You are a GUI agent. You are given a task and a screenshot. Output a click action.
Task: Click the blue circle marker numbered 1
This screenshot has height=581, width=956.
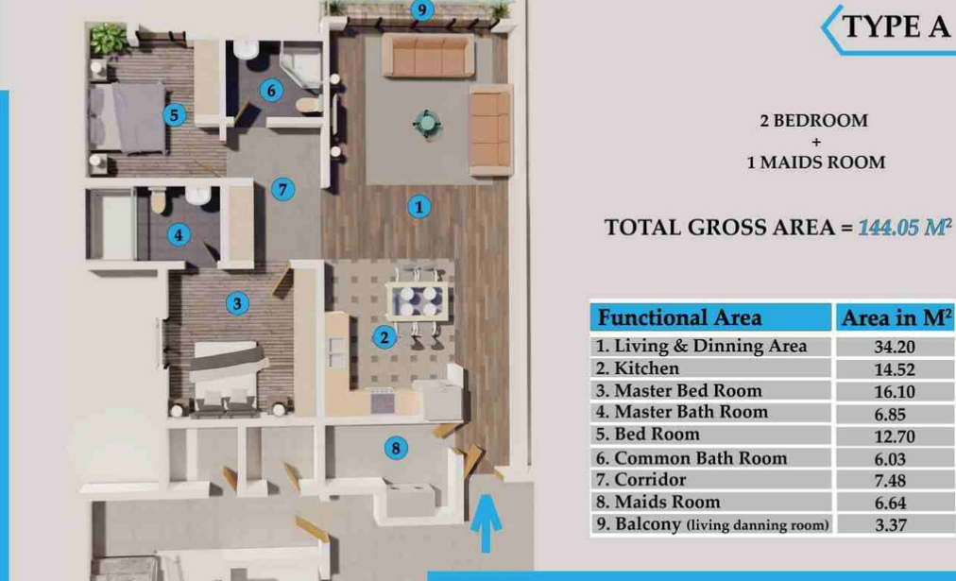[x=418, y=207]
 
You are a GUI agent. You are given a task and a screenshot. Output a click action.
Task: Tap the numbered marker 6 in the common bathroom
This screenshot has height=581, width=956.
[x=271, y=91]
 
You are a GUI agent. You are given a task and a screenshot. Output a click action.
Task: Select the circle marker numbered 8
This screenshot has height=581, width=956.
[x=396, y=449]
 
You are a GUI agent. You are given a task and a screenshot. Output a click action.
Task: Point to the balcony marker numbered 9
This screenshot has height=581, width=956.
[x=422, y=9]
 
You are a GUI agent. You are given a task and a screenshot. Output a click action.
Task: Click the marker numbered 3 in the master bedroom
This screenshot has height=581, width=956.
[x=237, y=303]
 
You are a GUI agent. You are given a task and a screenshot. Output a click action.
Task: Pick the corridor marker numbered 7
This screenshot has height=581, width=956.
[x=282, y=189]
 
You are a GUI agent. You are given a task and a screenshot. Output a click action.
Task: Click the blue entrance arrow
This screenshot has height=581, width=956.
[x=486, y=523]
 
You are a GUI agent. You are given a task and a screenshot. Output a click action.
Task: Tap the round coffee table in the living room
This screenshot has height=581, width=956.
[x=426, y=124]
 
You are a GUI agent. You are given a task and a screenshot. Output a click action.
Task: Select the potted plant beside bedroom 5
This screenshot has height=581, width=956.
[x=108, y=39]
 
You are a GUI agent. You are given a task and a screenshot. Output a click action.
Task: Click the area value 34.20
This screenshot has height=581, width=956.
[x=895, y=347]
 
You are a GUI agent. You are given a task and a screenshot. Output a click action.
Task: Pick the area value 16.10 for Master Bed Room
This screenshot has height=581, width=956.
[x=895, y=391]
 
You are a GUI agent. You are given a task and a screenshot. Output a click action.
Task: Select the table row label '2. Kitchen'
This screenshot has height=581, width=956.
[x=637, y=368]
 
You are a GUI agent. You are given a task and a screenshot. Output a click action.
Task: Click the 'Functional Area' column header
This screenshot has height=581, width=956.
[x=679, y=317]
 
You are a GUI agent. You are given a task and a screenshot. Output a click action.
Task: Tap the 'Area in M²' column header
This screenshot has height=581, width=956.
[x=896, y=317]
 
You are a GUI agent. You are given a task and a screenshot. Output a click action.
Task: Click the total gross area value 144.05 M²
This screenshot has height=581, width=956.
[x=904, y=228]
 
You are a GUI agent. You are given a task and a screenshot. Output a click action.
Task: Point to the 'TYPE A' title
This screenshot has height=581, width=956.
[x=895, y=26]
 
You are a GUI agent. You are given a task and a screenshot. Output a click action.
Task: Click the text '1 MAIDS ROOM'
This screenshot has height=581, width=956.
[x=816, y=162]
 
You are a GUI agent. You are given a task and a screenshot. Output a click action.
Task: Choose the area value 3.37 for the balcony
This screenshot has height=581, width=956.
[x=891, y=525]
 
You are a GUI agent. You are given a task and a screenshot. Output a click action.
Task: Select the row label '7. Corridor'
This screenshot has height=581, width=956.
[x=640, y=480]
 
